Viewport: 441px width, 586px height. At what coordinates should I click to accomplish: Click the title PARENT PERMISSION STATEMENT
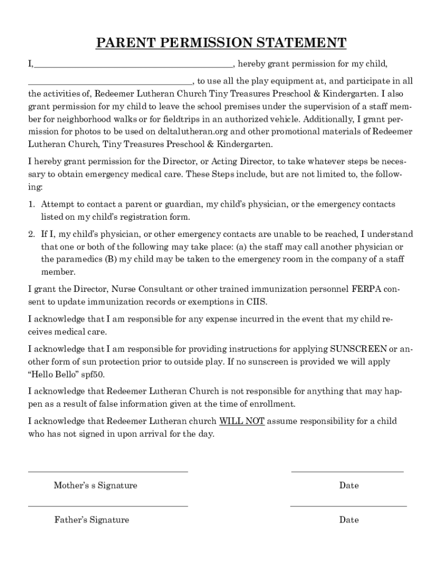[220, 43]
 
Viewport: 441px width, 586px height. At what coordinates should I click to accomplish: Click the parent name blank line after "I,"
[133, 67]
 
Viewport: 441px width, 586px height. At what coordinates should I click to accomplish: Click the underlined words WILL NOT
[242, 421]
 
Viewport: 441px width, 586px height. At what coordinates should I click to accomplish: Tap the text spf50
[92, 374]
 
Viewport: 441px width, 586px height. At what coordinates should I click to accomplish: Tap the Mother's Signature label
[96, 485]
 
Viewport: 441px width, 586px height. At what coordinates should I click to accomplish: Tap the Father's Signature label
[92, 520]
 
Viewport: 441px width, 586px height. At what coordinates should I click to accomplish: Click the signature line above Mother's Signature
[108, 472]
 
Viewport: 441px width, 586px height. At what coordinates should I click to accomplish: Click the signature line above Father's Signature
[108, 506]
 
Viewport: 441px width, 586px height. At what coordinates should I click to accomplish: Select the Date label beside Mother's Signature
[349, 485]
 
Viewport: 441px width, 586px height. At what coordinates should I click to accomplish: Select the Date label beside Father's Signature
[349, 520]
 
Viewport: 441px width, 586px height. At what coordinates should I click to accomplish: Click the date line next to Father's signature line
[348, 506]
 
